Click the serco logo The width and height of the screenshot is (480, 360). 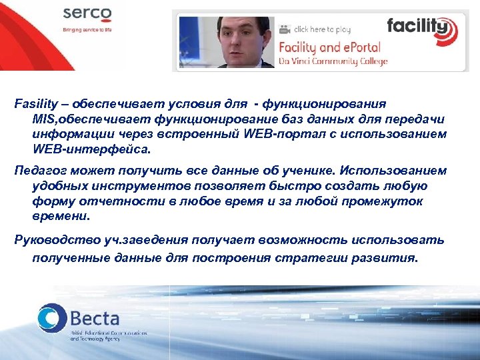pos(88,15)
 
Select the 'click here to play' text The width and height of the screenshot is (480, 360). pos(322,29)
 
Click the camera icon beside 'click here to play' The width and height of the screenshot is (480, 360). pos(285,29)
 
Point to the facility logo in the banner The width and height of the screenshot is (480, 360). pos(421,29)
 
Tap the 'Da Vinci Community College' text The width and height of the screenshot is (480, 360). pos(333,61)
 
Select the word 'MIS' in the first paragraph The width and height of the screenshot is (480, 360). pos(43,119)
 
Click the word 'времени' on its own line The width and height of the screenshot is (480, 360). pos(59,216)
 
